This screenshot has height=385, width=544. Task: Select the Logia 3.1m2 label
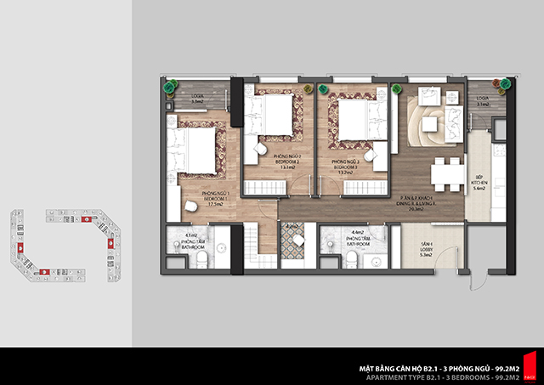[483, 101]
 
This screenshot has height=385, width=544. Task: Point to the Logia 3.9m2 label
[198, 99]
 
